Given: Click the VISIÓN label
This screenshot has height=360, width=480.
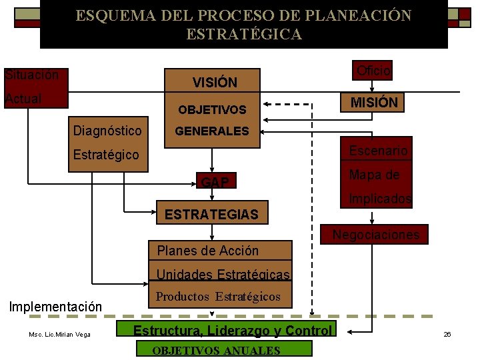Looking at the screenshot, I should pyautogui.click(x=214, y=83).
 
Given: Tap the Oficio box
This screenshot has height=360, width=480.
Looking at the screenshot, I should pyautogui.click(x=373, y=70).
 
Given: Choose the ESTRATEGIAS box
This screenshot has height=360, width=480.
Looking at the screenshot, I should pyautogui.click(x=211, y=215).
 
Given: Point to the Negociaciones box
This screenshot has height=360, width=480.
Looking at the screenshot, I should pyautogui.click(x=376, y=235).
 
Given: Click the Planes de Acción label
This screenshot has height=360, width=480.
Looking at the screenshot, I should pyautogui.click(x=207, y=251).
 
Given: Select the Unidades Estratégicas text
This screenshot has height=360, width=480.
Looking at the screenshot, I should pyautogui.click(x=223, y=275).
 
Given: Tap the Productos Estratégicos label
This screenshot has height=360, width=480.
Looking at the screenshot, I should pyautogui.click(x=218, y=297).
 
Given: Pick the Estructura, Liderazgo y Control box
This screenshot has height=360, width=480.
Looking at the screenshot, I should pyautogui.click(x=232, y=331).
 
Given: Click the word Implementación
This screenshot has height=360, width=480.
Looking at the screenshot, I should pyautogui.click(x=55, y=307).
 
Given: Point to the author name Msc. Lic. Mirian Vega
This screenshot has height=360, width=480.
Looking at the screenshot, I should pyautogui.click(x=60, y=334).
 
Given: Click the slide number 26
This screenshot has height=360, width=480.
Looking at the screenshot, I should pyautogui.click(x=447, y=334).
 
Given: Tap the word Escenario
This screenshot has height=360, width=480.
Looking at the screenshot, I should pyautogui.click(x=378, y=151).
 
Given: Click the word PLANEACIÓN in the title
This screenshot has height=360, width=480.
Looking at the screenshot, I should pyautogui.click(x=352, y=15).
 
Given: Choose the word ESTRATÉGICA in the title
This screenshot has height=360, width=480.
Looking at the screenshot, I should pyautogui.click(x=243, y=34).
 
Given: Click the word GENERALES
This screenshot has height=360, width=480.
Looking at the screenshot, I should pyautogui.click(x=211, y=131).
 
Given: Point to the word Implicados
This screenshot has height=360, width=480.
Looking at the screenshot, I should pyautogui.click(x=380, y=199).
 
